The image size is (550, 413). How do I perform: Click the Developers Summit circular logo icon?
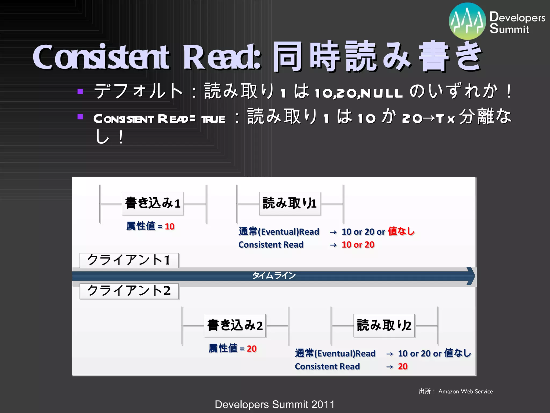467,21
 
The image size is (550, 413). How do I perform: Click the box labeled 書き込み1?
153,203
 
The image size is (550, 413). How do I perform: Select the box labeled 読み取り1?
290,203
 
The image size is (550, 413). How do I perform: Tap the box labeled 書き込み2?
235,325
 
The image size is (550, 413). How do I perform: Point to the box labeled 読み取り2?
384,325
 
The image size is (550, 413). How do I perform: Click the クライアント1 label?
129,260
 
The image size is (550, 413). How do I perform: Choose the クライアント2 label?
129,291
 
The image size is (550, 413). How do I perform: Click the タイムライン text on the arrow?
274,276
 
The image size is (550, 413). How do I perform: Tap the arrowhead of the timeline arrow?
471,276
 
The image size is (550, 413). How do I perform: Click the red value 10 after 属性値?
169,226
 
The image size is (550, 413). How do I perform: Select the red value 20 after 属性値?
252,348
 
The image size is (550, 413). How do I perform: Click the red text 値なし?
401,231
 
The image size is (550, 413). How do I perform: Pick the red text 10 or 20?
358,245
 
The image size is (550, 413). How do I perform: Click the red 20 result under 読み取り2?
403,366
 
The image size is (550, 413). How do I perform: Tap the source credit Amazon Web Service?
465,391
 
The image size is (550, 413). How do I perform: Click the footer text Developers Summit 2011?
274,404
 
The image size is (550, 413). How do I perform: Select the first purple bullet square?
80,91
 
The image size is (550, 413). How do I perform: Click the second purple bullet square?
80,117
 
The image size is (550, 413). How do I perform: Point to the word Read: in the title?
222,57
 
